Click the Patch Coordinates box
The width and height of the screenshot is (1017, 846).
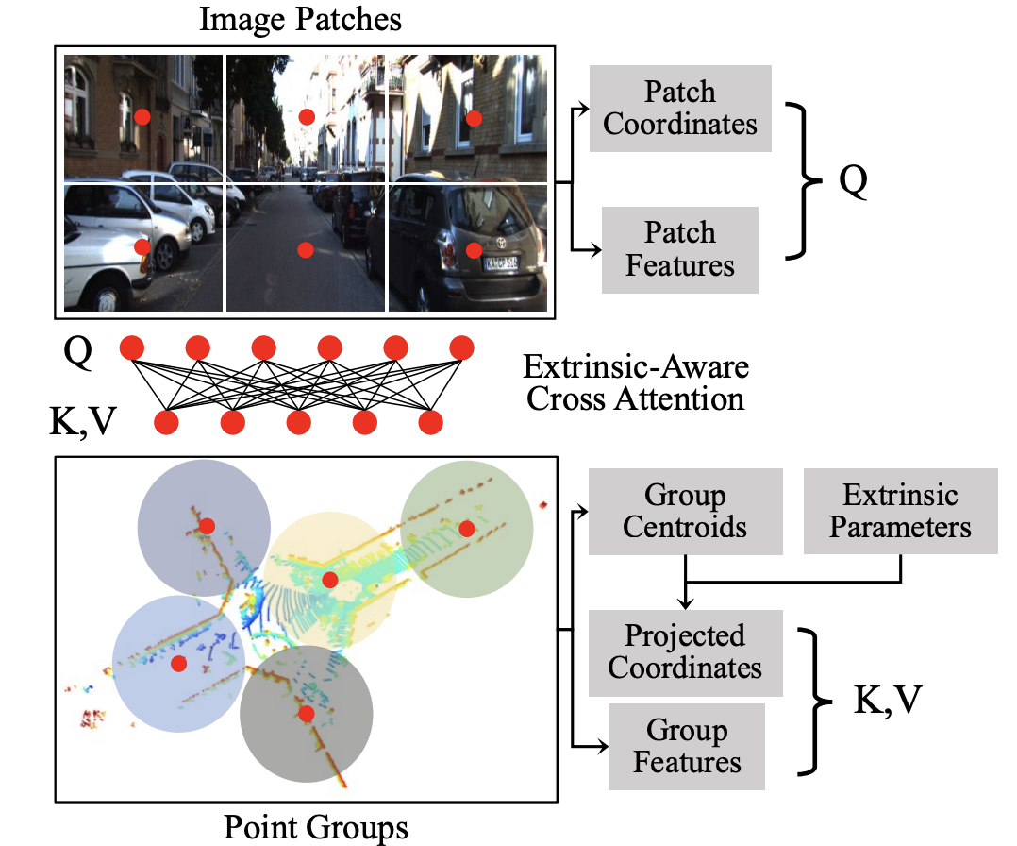pyautogui.click(x=680, y=108)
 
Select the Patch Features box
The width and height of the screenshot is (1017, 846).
pyautogui.click(x=679, y=249)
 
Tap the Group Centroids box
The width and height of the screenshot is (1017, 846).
pyautogui.click(x=685, y=511)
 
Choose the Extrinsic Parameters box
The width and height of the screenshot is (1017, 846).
pyautogui.click(x=900, y=511)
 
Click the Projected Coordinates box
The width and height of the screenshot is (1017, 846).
pyautogui.click(x=685, y=652)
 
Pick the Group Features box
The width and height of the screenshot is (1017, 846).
pyautogui.click(x=687, y=746)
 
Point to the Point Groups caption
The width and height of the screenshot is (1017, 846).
pyautogui.click(x=316, y=827)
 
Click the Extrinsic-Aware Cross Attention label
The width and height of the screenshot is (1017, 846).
pyautogui.click(x=636, y=381)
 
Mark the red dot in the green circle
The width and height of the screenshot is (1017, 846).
pyautogui.click(x=466, y=528)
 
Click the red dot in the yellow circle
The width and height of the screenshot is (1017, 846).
pyautogui.click(x=329, y=579)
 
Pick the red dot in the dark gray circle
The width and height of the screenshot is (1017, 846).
pyautogui.click(x=306, y=713)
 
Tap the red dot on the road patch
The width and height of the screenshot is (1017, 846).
pyautogui.click(x=305, y=249)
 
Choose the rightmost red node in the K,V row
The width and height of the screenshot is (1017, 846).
pyautogui.click(x=430, y=422)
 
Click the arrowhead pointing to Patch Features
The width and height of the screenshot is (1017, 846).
pyautogui.click(x=596, y=250)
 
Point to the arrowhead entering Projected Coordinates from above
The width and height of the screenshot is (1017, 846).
pyautogui.click(x=686, y=604)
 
